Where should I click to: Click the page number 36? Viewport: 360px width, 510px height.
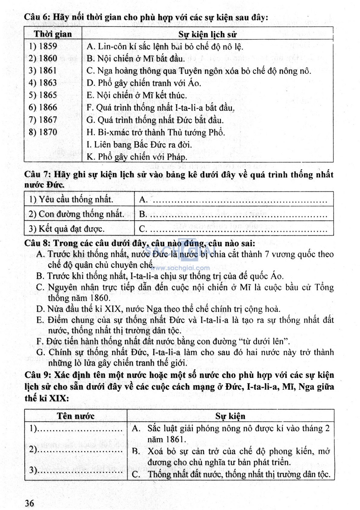tap(30, 503)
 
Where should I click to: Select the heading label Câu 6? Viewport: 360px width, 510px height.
tap(37, 17)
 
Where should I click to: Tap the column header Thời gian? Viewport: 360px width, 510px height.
tap(53, 34)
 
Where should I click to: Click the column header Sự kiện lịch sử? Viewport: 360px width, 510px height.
tap(207, 34)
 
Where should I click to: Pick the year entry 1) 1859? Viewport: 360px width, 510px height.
tap(43, 46)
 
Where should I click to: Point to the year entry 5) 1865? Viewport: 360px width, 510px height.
tap(43, 95)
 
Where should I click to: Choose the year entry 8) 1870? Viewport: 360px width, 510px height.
tap(43, 132)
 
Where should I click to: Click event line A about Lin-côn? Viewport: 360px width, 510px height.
tap(165, 46)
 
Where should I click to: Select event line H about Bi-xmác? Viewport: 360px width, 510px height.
tap(155, 133)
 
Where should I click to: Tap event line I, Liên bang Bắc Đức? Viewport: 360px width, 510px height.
tap(139, 145)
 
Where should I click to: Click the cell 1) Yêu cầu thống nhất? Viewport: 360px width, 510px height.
tap(71, 200)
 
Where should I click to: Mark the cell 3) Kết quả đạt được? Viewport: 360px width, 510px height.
tap(66, 229)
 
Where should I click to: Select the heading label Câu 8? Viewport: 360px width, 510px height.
tap(37, 243)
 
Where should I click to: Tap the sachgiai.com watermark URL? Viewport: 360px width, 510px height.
tap(182, 268)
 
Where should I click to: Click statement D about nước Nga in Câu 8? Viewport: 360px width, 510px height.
tap(158, 309)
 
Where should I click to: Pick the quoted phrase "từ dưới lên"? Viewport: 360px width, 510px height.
tap(264, 341)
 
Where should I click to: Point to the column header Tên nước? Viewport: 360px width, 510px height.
tap(76, 416)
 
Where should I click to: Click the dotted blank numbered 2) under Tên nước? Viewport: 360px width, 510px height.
tap(79, 450)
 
